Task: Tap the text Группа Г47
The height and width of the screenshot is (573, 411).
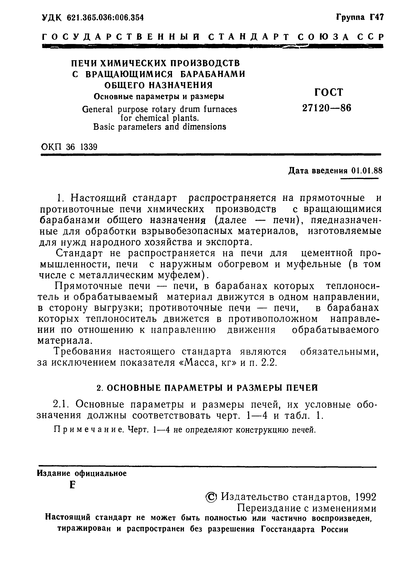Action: (360, 17)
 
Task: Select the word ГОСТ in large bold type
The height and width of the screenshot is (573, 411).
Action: (329, 92)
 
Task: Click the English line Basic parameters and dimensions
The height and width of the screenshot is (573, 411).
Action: (159, 127)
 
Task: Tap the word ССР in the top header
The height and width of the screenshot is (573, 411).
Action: (370, 37)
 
